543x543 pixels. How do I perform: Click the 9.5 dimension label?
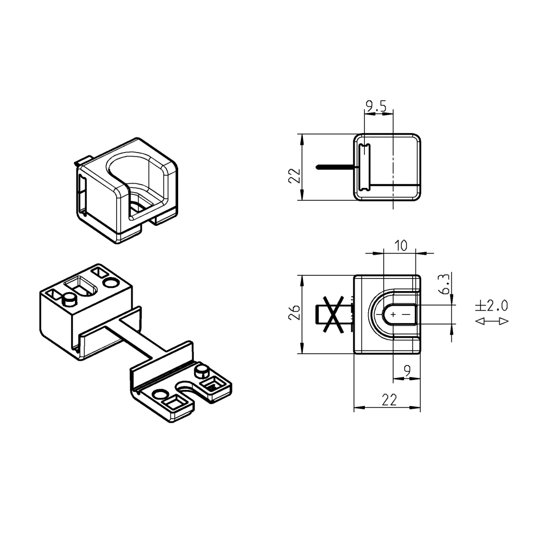[x=376, y=106]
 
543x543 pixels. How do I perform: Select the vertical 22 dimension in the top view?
[x=294, y=176]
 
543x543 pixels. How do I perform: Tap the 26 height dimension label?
[x=294, y=312]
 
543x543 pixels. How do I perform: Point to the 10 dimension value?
[x=401, y=245]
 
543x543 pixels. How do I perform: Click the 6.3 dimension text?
[x=444, y=284]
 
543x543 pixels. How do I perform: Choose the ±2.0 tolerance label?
[x=492, y=306]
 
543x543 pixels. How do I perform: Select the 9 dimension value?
[x=407, y=371]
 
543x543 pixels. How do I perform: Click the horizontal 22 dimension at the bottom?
[x=389, y=400]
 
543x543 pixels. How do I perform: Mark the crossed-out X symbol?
[x=333, y=314]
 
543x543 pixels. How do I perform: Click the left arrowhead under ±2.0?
[x=479, y=321]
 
